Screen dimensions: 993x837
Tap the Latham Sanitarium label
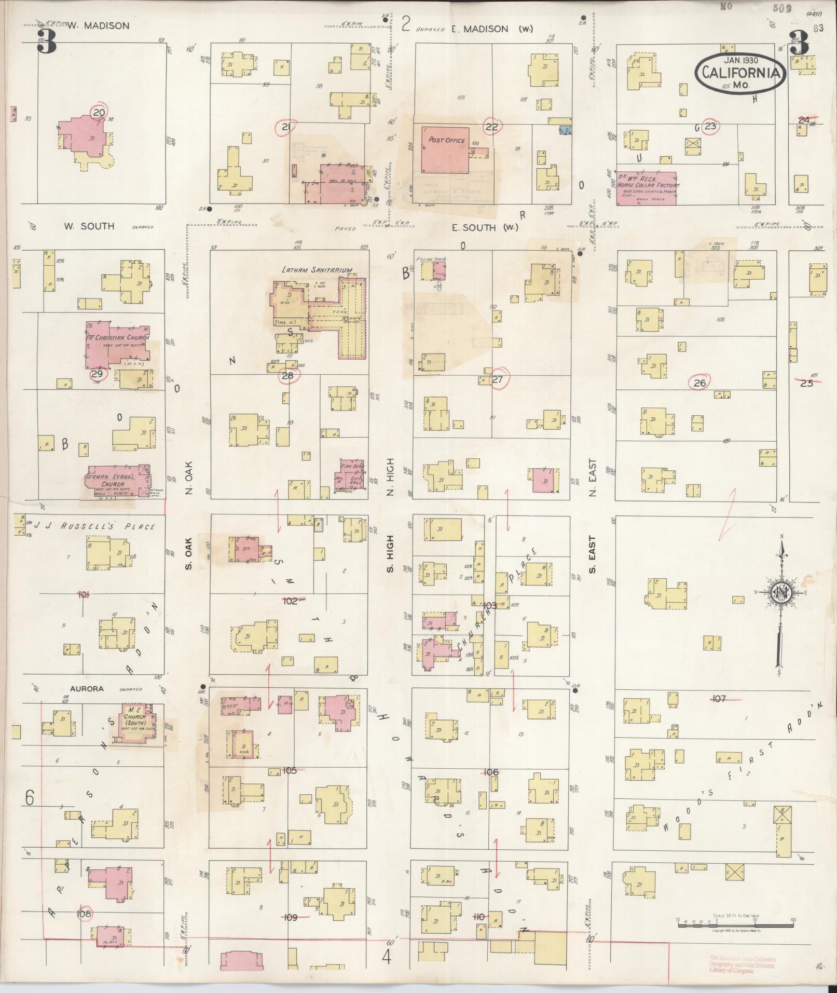coord(317,270)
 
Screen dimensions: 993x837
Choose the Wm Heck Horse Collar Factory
coord(646,187)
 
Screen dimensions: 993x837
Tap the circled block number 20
coord(98,112)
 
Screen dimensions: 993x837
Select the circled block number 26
coord(700,383)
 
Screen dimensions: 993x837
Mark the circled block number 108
coord(84,928)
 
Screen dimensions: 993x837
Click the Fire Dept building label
coord(352,466)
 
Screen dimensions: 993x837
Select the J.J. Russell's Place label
coord(94,526)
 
